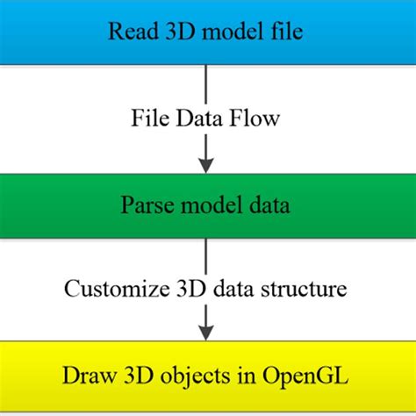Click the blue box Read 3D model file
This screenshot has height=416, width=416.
208,33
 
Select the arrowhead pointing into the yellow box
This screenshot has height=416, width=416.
206,333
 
